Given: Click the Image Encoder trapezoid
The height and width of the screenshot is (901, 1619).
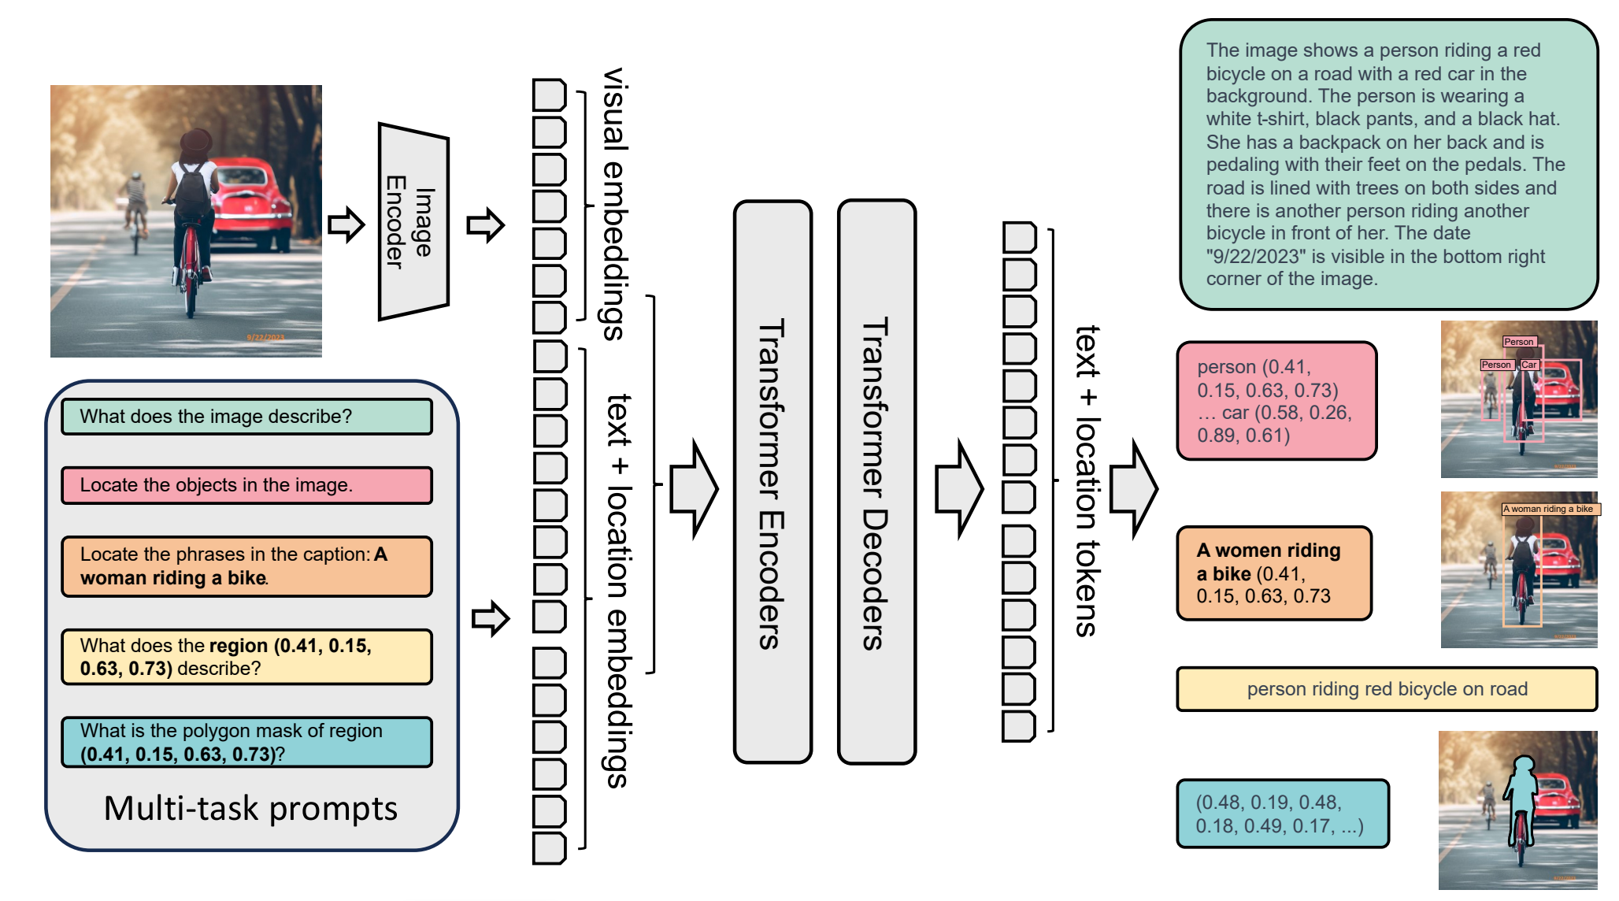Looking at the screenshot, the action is [413, 221].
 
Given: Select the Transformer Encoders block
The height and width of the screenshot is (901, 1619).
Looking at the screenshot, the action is [772, 482].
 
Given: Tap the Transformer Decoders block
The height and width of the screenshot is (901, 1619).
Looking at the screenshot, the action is [876, 482].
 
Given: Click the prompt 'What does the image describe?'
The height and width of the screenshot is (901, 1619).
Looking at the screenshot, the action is [246, 417].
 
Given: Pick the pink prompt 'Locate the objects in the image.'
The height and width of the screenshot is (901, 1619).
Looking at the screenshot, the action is [246, 485].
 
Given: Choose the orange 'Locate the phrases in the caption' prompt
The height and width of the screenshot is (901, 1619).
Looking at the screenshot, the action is [246, 566].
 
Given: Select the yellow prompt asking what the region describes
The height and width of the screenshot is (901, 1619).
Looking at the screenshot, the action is [246, 657].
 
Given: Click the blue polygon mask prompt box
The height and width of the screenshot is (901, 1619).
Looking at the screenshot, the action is [246, 742].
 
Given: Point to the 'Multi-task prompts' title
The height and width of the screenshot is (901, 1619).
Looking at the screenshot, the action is [250, 809].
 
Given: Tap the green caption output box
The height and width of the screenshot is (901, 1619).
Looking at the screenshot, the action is [1388, 165].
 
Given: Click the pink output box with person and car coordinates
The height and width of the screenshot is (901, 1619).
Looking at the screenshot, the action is [1276, 401].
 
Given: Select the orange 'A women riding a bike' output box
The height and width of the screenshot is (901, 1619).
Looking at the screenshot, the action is [1274, 573].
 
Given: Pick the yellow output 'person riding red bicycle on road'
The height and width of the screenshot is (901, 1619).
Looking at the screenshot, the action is [1387, 689].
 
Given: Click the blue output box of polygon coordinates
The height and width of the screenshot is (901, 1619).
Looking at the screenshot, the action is [1283, 814].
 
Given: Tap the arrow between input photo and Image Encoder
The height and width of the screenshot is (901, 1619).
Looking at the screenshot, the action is [346, 225].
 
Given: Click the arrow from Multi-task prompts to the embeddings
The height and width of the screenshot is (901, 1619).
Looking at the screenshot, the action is [491, 619].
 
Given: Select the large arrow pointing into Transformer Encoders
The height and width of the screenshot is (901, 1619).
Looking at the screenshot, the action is [694, 489].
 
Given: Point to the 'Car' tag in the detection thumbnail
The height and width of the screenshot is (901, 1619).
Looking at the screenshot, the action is [1529, 365].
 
